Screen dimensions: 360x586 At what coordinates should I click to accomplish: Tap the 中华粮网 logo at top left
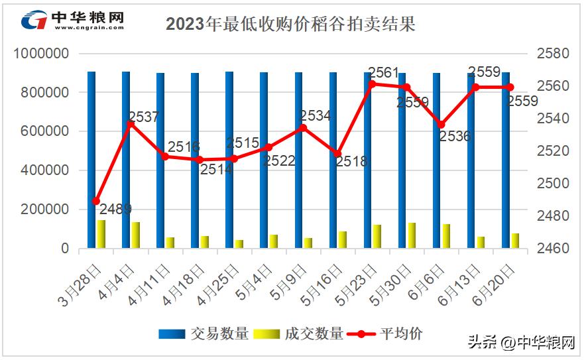73,20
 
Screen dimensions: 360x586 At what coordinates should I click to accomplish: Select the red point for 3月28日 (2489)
96,201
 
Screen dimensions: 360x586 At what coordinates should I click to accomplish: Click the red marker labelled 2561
372,84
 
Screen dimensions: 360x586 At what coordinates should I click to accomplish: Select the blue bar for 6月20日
506,160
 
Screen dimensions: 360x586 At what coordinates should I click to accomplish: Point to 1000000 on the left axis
41,54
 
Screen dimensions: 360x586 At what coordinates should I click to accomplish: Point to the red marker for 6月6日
441,124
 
